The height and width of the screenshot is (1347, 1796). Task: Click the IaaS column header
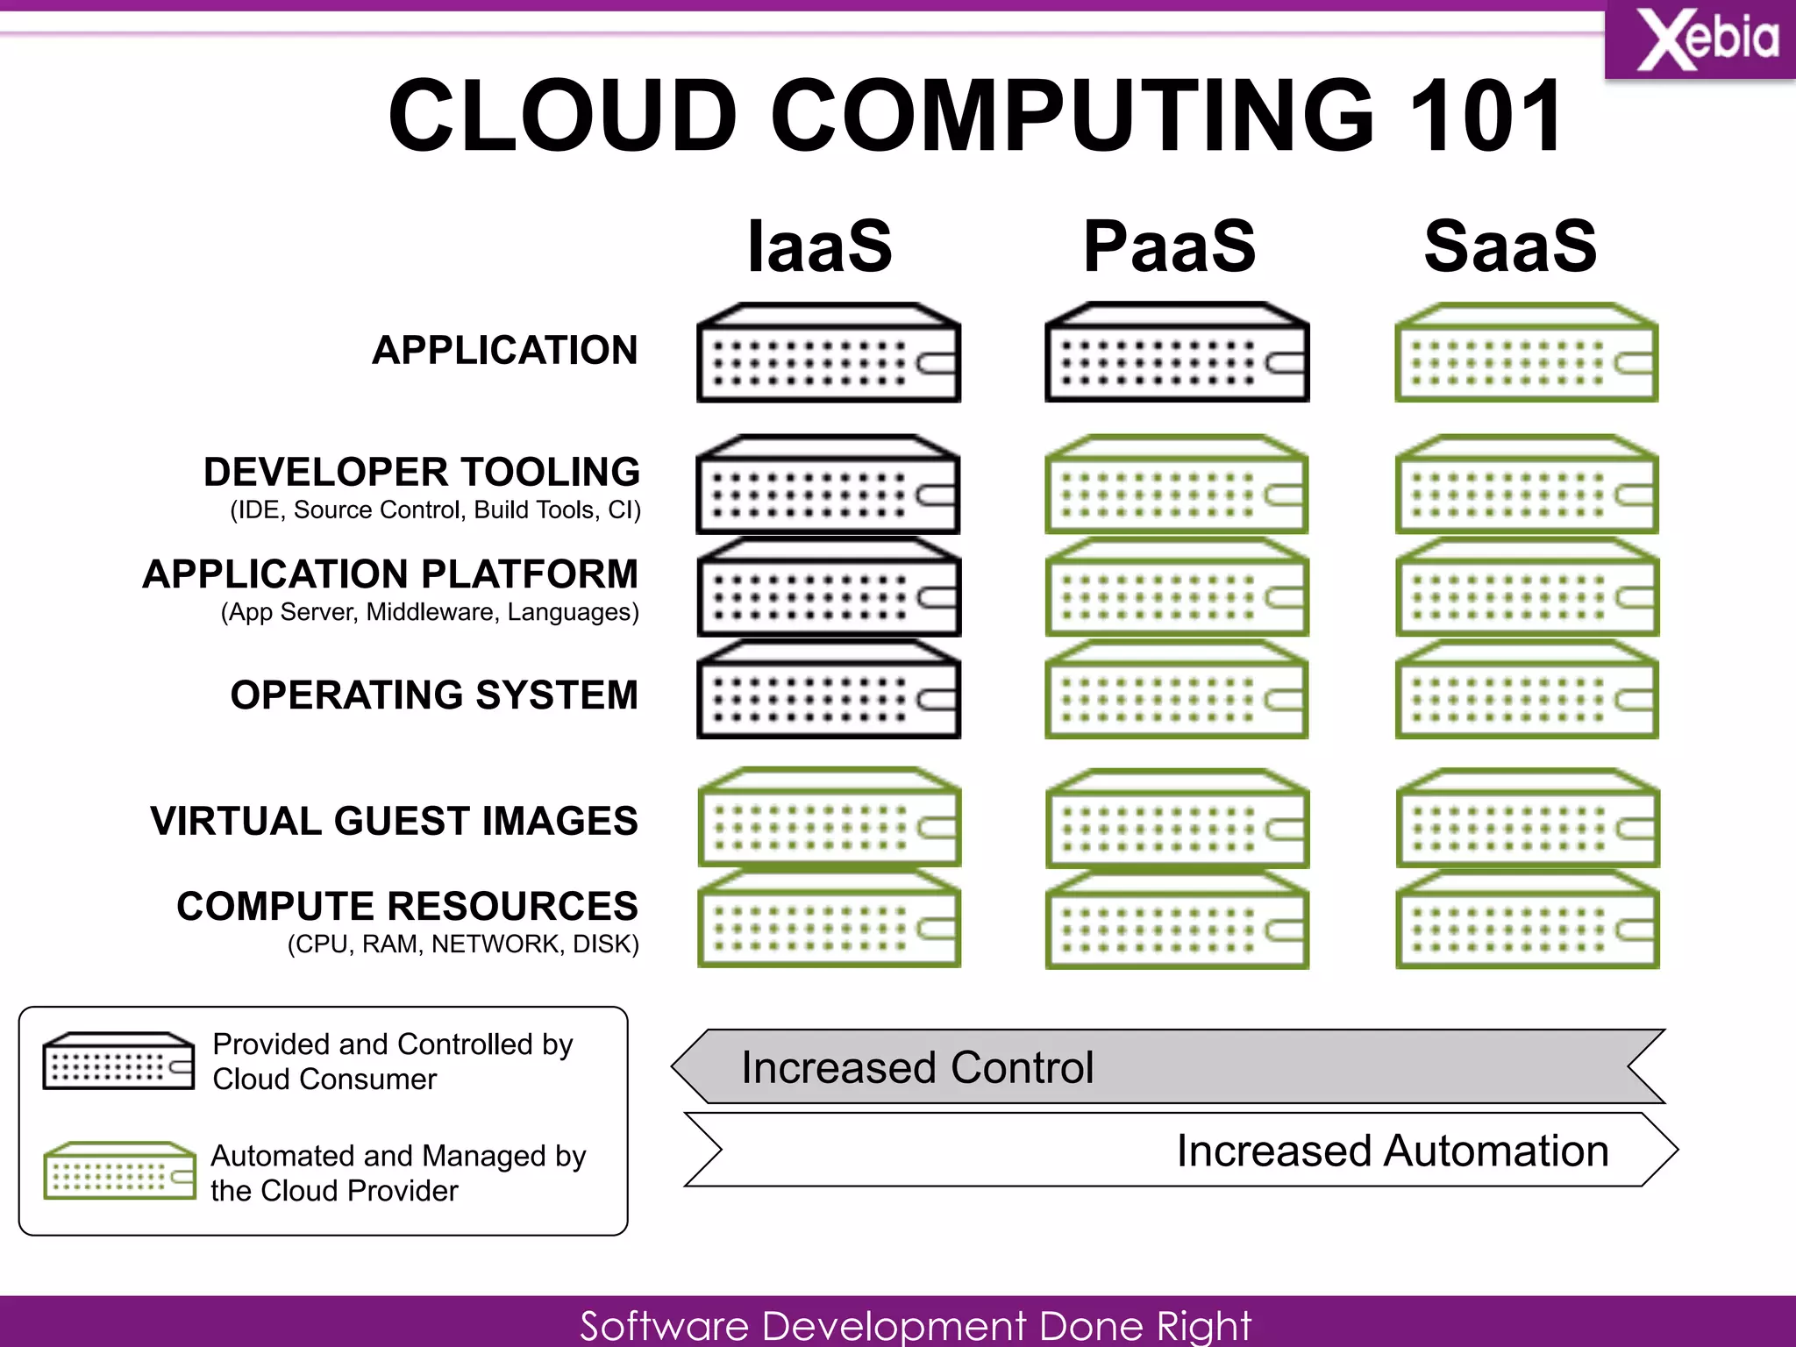819,246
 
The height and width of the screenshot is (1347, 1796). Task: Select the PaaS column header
1169,246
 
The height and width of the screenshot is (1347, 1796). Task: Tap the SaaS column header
1510,246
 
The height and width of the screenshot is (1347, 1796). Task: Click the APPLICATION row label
505,350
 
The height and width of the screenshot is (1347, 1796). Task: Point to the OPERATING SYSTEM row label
434,695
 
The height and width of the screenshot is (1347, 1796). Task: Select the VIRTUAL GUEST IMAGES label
394,821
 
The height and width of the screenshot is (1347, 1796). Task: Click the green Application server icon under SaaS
1526,353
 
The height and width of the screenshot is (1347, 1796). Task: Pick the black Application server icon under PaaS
1177,353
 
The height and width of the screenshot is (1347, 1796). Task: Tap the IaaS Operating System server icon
829,689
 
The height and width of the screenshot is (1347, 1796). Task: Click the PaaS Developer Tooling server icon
1177,484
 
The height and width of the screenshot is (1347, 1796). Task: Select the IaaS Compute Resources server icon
829,918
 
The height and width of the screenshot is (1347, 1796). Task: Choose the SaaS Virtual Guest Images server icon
1527,818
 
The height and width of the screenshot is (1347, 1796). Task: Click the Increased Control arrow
1166,1066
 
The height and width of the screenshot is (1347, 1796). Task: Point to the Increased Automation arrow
1180,1150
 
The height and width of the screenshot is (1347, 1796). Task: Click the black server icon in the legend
118,1061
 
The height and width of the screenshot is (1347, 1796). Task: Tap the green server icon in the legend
119,1171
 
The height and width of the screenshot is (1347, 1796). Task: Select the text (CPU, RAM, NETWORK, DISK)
463,944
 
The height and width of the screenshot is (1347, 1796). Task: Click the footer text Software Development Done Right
915,1324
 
